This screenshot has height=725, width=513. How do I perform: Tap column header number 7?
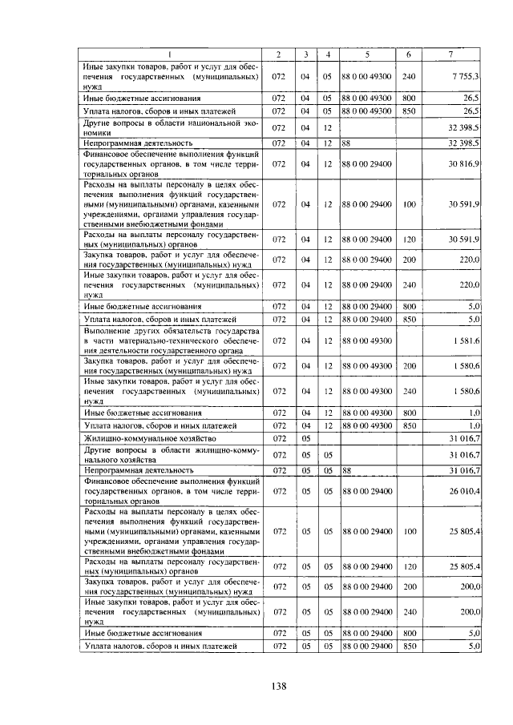[450, 54]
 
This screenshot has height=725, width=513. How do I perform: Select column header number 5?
[366, 54]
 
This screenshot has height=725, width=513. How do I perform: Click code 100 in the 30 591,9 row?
[409, 204]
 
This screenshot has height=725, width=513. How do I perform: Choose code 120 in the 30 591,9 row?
[409, 240]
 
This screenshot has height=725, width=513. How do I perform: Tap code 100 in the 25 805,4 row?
[409, 530]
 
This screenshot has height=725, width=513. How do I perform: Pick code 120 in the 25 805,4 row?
[409, 566]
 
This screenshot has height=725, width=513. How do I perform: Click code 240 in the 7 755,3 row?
[409, 75]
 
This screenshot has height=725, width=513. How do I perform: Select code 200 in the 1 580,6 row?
[409, 365]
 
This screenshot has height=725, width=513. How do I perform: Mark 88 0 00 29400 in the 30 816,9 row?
[366, 163]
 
